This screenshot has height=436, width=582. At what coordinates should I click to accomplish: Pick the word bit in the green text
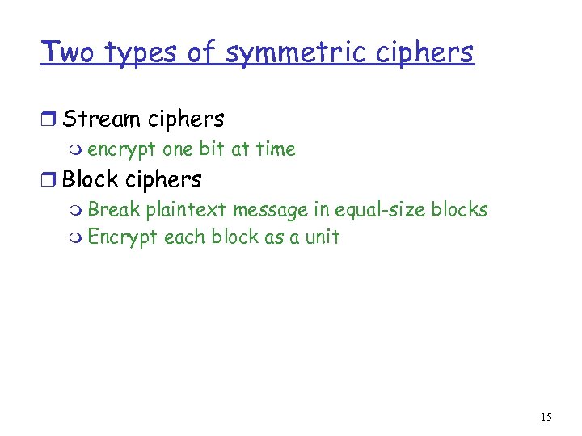tap(209, 149)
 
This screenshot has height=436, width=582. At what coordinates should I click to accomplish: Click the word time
tap(276, 149)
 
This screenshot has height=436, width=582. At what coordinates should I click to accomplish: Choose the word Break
tap(114, 210)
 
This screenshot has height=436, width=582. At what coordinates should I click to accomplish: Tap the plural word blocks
tap(459, 210)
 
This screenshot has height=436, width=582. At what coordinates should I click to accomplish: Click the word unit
tap(323, 237)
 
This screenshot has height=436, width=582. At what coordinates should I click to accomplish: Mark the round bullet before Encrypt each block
tap(75, 238)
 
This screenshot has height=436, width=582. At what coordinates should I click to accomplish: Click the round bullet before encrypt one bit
tap(75, 150)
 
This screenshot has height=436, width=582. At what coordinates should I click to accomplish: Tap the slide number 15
tap(546, 417)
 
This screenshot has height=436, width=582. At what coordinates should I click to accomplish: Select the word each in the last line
tap(185, 237)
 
